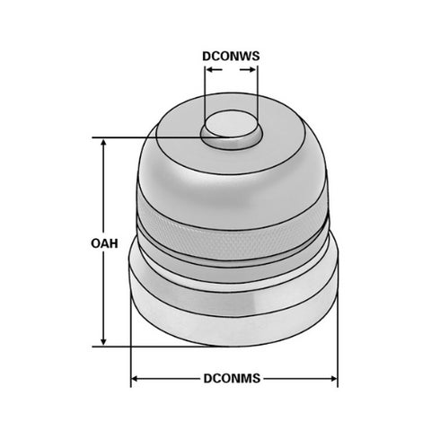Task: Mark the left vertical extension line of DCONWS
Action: coord(204,99)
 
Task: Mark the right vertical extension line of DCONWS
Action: coord(258,99)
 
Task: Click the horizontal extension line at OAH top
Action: coord(153,137)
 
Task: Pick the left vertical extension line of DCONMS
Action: coord(132,359)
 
